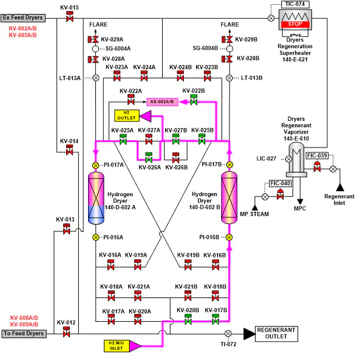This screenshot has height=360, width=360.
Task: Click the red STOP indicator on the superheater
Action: pyautogui.click(x=295, y=24)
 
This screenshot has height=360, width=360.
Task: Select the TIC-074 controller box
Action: pyautogui.click(x=295, y=4)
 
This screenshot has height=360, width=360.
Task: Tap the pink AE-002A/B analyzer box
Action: pyautogui.click(x=162, y=102)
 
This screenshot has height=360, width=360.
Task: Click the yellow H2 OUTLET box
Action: pyautogui.click(x=127, y=115)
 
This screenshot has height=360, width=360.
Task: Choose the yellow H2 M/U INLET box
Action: pyautogui.click(x=117, y=346)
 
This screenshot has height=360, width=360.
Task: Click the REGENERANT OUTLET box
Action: pyautogui.click(x=276, y=334)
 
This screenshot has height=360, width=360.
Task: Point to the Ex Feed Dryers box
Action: pyautogui.click(x=22, y=18)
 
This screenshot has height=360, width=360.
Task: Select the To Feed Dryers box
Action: pyautogui.click(x=24, y=334)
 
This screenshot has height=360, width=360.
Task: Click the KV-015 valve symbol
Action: pyautogui.click(x=70, y=16)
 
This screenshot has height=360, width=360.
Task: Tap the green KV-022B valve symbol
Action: pyautogui.click(x=194, y=100)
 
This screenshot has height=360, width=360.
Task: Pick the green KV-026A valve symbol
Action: pyautogui.click(x=149, y=158)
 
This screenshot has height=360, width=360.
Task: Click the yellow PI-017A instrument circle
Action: pyautogui.click(x=96, y=165)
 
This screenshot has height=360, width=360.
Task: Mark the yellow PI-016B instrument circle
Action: pyautogui.click(x=229, y=237)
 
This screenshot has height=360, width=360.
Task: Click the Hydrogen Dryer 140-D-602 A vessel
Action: pyautogui.click(x=96, y=198)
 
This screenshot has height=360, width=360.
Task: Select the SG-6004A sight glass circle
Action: pyautogui.click(x=95, y=49)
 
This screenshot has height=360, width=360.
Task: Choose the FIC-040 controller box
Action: pyautogui.click(x=280, y=183)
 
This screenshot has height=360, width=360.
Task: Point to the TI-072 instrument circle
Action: pyautogui.click(x=228, y=334)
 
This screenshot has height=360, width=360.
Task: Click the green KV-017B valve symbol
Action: pyautogui.click(x=216, y=319)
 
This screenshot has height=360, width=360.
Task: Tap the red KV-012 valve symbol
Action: pyautogui.click(x=66, y=331)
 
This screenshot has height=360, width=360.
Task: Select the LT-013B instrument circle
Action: pyautogui.click(x=229, y=78)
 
